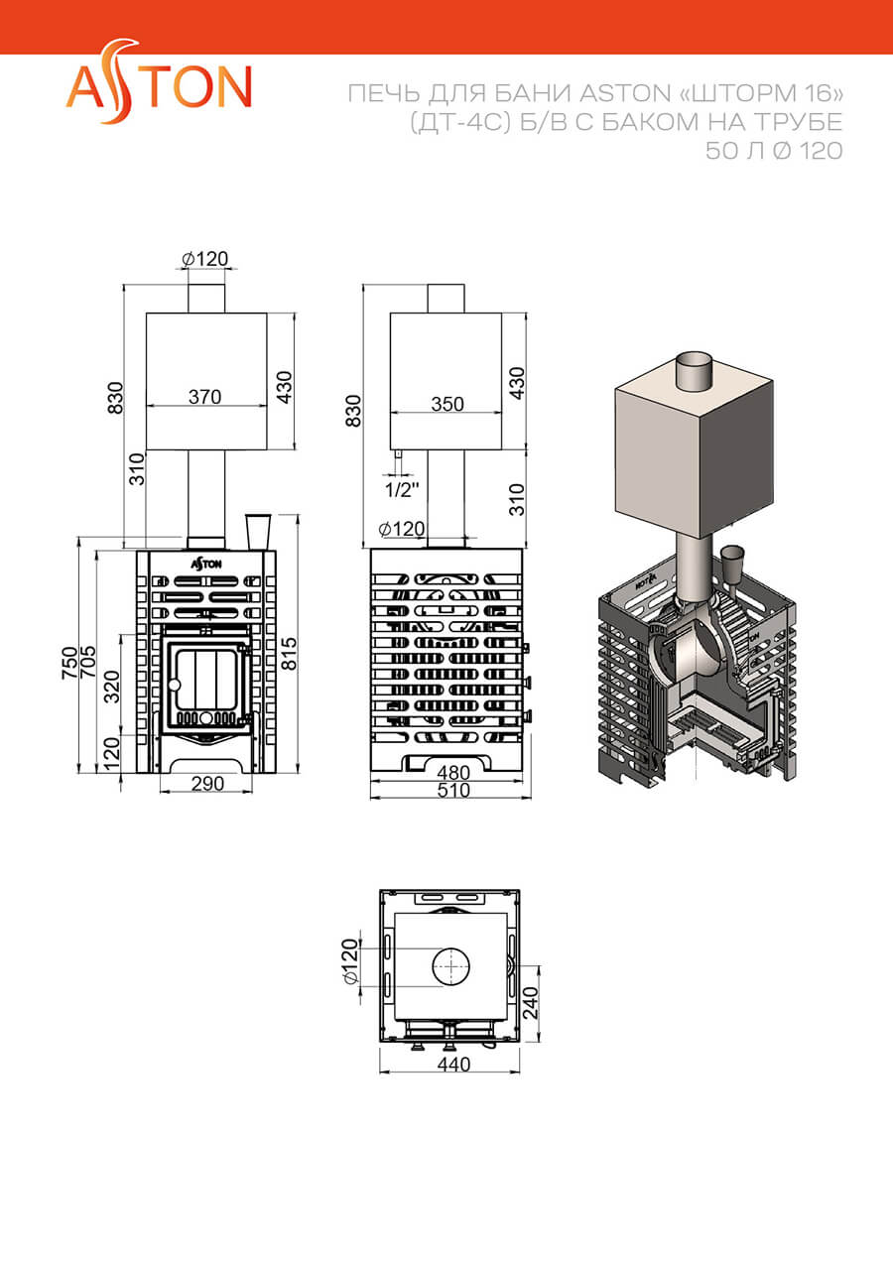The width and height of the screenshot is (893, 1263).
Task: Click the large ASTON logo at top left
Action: [159, 81]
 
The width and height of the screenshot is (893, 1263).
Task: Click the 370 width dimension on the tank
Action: [204, 397]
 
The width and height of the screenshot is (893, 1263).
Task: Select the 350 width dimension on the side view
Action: [447, 404]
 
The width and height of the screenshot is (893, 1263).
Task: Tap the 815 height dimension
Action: [289, 654]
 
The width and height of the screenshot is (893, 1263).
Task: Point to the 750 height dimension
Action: [69, 663]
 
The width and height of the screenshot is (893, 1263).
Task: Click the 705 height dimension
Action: [88, 663]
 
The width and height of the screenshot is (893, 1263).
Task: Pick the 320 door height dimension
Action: [113, 687]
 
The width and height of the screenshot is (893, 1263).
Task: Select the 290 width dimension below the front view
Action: [207, 784]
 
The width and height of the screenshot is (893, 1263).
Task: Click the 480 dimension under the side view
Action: [453, 772]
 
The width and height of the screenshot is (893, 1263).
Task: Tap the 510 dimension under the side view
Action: [453, 791]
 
